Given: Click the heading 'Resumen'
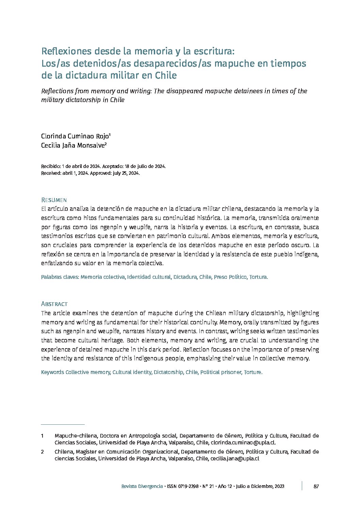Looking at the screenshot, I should point(54,200).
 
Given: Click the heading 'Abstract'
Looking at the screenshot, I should point(54,304).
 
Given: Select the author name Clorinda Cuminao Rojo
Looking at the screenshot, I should point(76,136).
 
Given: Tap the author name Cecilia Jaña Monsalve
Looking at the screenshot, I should point(74,146).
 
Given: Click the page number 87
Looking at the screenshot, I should point(316,486).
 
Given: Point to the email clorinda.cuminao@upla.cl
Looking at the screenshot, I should point(243,443).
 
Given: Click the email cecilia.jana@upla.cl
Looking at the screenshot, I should point(235,459).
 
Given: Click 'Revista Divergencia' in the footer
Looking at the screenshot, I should point(142,487).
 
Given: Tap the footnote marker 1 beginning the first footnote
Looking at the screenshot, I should point(43,436).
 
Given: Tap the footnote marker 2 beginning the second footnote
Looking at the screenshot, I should point(43,452).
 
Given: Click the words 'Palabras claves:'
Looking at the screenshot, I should point(60,277).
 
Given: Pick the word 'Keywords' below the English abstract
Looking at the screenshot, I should point(52,372).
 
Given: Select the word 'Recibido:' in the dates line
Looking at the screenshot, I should point(51,166).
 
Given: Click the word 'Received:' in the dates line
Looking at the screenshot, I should point(51,173).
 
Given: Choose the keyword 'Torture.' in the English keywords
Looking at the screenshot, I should point(252,372).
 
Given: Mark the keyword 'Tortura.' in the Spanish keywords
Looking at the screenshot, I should point(259,277).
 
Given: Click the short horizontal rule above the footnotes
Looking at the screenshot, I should point(63,424).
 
